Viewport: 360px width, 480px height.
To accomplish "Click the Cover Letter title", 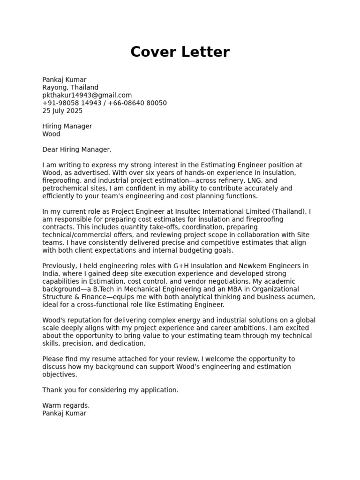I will (x=180, y=52).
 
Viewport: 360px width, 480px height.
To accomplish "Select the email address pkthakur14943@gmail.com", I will (x=87, y=95).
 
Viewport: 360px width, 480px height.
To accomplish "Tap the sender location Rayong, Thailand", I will (x=70, y=87).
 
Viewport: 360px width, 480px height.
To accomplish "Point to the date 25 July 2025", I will (x=62, y=111).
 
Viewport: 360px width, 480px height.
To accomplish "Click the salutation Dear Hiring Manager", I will (x=77, y=150).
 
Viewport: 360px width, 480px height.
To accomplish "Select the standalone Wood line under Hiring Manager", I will (x=51, y=134).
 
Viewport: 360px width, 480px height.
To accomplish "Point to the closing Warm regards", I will (x=66, y=405).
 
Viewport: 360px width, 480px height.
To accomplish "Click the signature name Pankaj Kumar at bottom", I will (x=64, y=413).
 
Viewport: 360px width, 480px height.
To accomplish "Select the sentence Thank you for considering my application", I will (x=110, y=390).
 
